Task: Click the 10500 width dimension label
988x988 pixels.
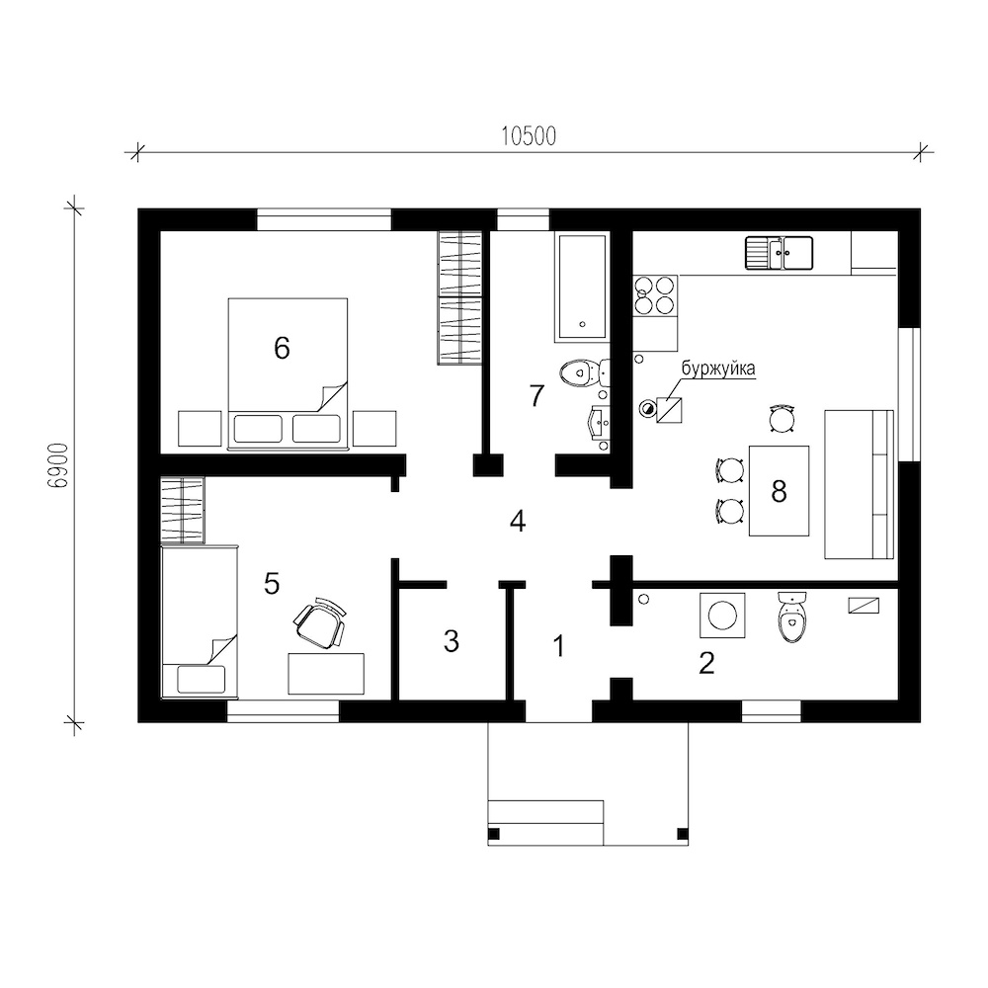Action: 529,136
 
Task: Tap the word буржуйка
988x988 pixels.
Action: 717,369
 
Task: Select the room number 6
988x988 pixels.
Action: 282,347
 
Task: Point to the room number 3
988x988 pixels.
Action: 452,641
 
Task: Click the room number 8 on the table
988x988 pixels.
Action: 779,491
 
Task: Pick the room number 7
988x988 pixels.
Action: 536,396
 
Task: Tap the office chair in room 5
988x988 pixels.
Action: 321,621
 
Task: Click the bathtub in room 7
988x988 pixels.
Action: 582,288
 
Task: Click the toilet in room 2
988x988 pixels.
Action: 791,617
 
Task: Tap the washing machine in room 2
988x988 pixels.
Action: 722,615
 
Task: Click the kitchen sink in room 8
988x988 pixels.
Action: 780,253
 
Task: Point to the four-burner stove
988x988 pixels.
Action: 655,296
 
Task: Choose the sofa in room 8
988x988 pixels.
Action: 860,484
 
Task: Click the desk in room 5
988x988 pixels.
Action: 326,674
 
